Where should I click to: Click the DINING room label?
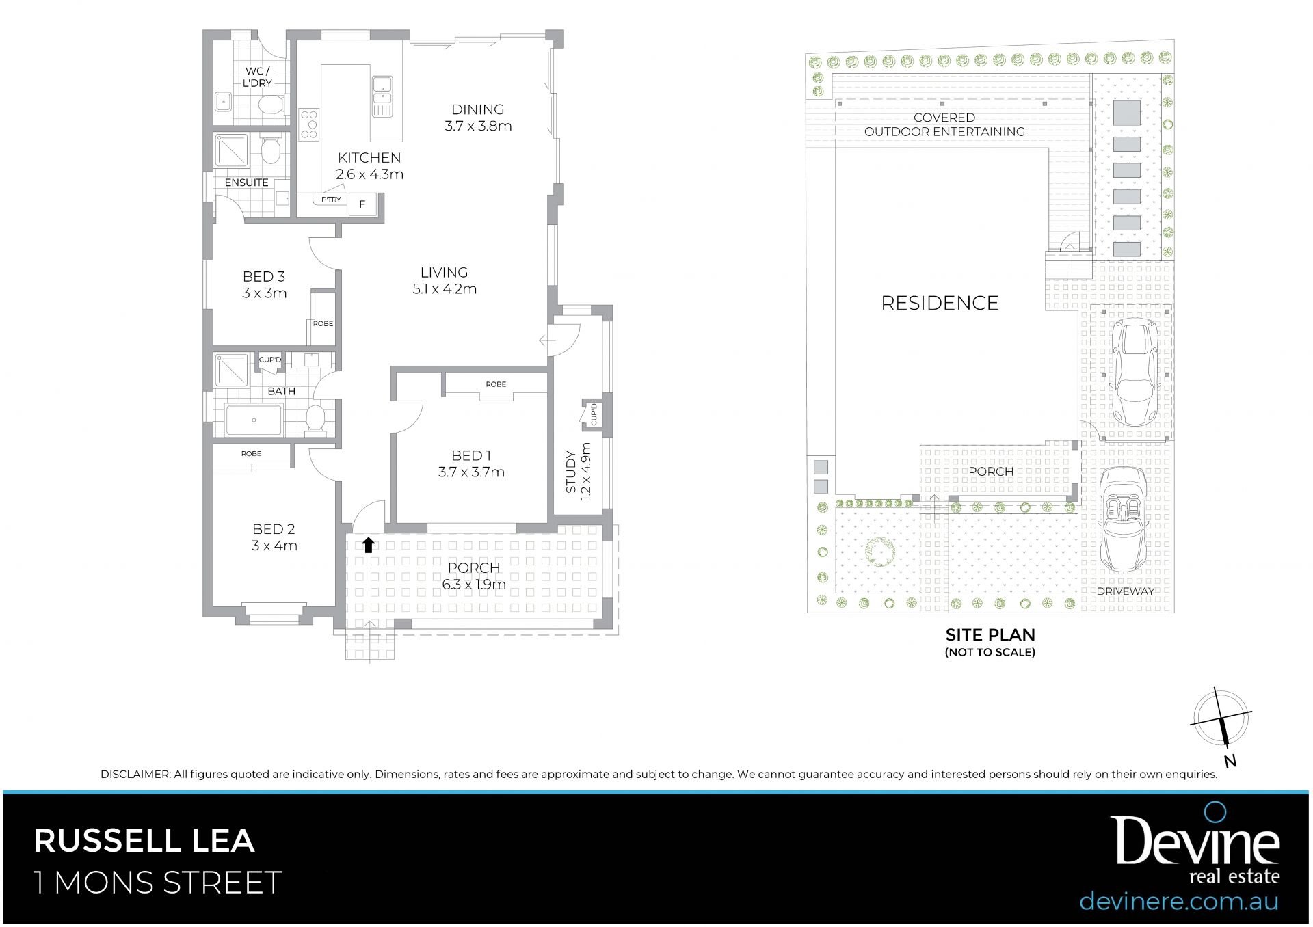[477, 109]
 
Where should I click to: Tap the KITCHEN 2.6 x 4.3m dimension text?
[369, 174]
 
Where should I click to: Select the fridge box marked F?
[362, 204]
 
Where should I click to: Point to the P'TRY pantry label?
[331, 200]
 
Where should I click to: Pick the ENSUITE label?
[246, 183]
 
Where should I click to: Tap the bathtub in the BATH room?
[254, 420]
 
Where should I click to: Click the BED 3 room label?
[264, 276]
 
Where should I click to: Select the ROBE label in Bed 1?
[496, 384]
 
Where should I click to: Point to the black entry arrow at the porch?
[369, 544]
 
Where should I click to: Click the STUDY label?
[571, 472]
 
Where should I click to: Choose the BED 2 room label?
[274, 529]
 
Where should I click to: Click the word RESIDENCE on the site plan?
[940, 303]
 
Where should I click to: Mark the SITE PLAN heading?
[990, 634]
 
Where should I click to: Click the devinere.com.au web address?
[1179, 900]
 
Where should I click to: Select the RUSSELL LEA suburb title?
[144, 841]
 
